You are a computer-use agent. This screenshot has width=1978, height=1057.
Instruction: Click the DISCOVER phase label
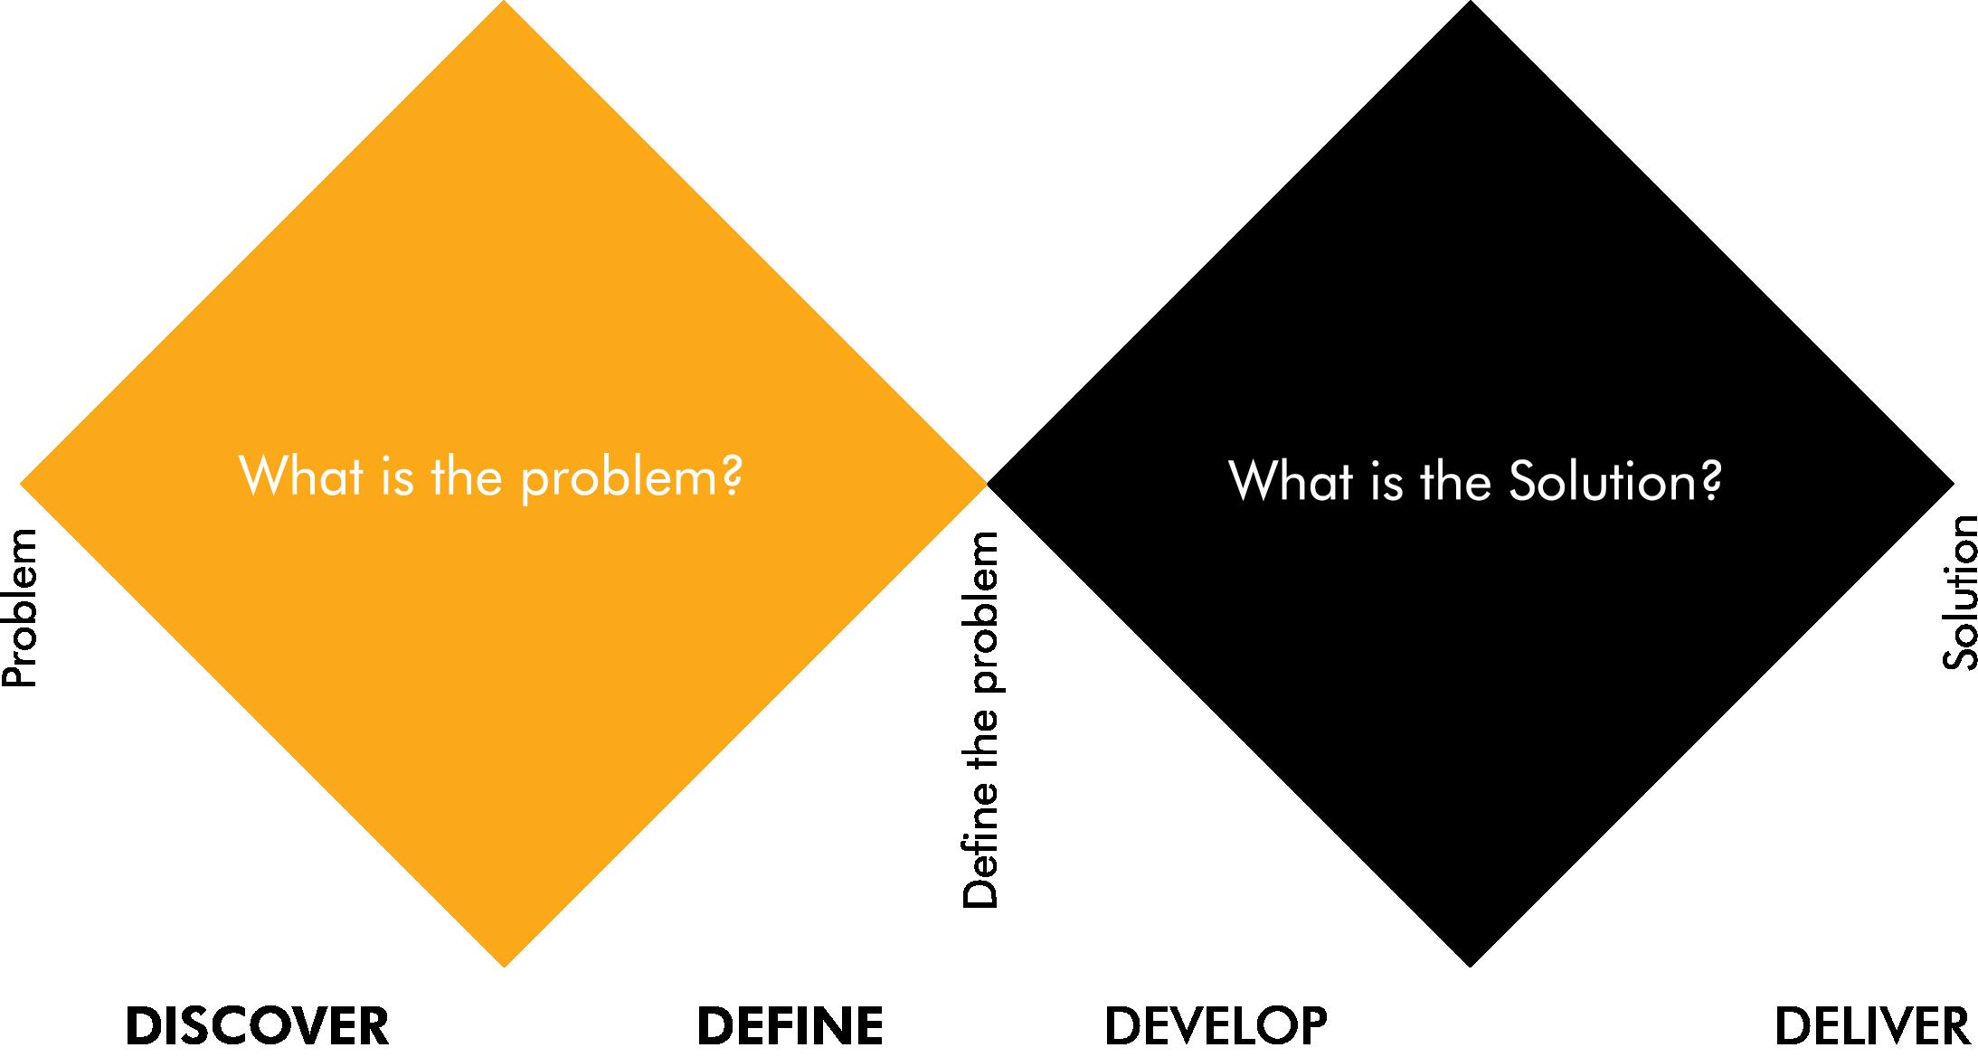pos(257,1026)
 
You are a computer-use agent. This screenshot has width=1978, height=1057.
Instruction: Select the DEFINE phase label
pos(790,1026)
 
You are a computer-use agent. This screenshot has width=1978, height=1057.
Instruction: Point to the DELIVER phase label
pos(1871,1026)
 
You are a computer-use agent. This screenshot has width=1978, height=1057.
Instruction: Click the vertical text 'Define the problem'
pos(980,720)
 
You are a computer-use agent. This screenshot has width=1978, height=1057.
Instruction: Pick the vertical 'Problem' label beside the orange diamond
pos(20,609)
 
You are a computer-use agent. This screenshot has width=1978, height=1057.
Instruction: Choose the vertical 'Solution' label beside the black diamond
pos(1959,592)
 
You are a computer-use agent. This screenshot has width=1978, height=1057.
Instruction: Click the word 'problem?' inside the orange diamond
pos(631,477)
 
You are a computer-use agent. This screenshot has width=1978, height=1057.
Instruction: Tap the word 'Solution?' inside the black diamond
pos(1615,481)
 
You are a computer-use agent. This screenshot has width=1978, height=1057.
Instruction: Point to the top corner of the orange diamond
pos(504,5)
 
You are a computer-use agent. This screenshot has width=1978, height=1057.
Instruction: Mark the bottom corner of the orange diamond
pos(504,964)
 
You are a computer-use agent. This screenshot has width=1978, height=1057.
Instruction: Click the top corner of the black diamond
pos(1471,5)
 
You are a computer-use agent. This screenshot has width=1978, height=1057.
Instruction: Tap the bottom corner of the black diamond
pos(1471,964)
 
